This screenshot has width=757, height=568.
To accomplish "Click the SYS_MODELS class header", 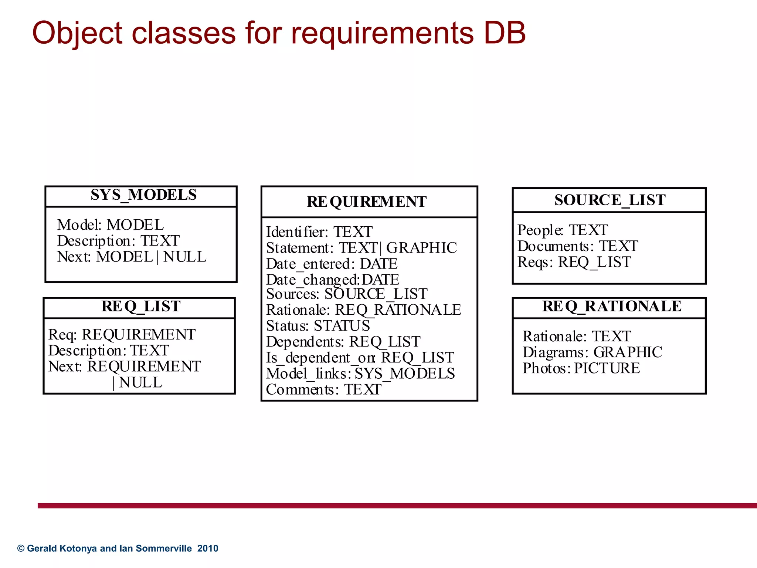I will [143, 195].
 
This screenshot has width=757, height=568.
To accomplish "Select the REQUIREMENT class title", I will [366, 202].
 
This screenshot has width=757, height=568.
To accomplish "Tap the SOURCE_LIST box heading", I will [610, 200].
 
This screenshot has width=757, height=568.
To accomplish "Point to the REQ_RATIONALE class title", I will [612, 306].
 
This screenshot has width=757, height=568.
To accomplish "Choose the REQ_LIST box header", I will [141, 307].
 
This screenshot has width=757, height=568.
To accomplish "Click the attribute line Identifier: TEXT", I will [319, 232].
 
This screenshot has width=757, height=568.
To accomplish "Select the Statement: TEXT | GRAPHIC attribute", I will [361, 248].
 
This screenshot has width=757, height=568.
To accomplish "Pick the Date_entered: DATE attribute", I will [332, 264].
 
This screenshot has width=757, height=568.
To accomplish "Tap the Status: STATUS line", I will [318, 325].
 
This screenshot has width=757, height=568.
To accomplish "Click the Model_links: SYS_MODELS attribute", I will [360, 373].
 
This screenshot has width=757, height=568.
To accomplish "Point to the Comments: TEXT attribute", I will [323, 389].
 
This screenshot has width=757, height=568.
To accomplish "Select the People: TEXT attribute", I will [562, 230].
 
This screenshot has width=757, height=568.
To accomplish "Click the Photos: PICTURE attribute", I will [581, 368].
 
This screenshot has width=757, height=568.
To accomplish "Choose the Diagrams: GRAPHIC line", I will [592, 352].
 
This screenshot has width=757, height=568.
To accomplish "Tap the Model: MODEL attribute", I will [110, 225].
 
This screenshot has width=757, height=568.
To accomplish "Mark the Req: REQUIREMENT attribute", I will [122, 334].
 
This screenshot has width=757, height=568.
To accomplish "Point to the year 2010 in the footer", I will [208, 548].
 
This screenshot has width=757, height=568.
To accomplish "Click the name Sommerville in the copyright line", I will [164, 548].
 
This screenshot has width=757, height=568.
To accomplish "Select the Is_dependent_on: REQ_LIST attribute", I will [360, 358].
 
